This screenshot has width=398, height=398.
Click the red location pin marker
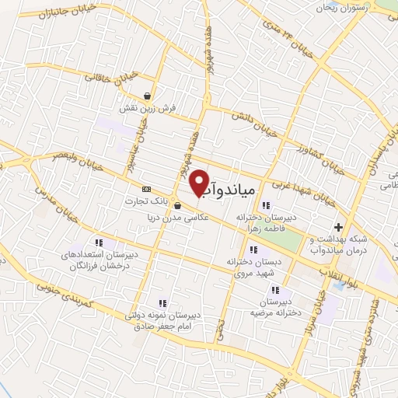click(x=200, y=182)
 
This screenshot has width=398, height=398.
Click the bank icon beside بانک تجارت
click(x=145, y=189)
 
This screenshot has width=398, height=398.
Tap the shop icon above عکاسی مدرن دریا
click(x=180, y=206)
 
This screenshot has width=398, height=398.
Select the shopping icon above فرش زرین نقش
click(x=147, y=96)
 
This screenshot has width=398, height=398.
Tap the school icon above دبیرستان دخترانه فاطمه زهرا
click(x=267, y=205)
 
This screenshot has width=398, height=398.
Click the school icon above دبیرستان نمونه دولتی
click(x=162, y=303)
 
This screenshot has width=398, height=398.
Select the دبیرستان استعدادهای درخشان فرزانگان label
click(x=97, y=260)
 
